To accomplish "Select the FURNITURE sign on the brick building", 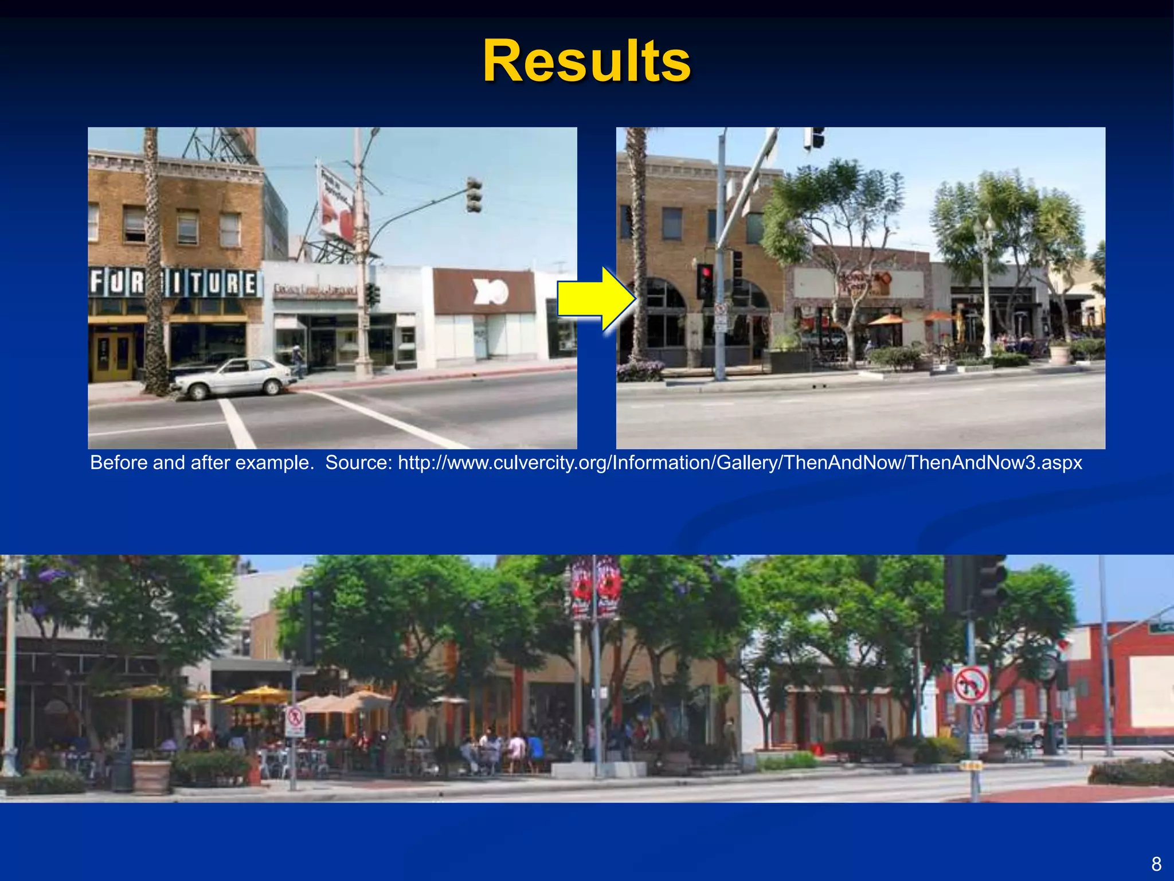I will pos(174,283).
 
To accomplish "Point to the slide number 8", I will pos(1156,863).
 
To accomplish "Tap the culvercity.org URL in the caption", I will pos(739,462).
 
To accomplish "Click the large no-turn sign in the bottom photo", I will pos(970,684).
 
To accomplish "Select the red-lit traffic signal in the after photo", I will pos(705,280).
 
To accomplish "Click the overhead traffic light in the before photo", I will pos(473,195).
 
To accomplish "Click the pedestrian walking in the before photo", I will pos(297,360).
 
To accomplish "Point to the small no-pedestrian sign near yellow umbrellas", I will pos(295,722).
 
